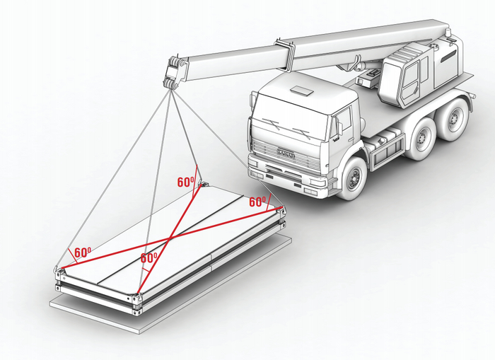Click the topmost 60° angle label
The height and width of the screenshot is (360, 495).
tap(186, 182)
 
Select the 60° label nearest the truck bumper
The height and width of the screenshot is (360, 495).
tap(258, 201)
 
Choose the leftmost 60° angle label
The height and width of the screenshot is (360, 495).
tap(83, 252)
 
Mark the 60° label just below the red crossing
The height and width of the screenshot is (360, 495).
tap(148, 258)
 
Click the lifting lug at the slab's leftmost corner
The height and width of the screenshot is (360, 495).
tap(59, 269)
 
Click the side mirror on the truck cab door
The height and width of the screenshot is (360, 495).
tap(339, 127)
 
